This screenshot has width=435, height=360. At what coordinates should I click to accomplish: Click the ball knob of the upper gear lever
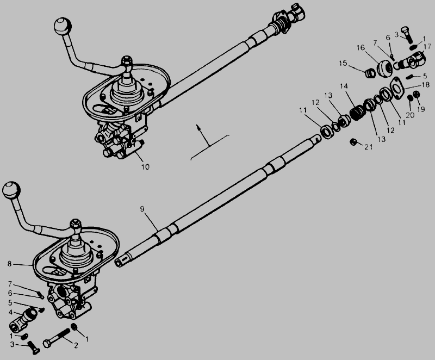point(63,26)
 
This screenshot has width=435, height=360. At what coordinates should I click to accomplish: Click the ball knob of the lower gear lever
point(11,190)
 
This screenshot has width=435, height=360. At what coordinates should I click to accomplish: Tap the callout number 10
point(145,167)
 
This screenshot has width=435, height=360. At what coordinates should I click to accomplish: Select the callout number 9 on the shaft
point(142,209)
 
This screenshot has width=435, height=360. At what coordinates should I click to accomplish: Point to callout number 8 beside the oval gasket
point(9,264)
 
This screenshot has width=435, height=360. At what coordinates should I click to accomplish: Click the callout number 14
point(344,86)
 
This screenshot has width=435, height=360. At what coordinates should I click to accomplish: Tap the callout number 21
point(369,147)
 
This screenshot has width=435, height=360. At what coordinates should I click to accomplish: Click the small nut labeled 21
point(353,142)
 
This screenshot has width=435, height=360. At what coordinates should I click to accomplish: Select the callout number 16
point(361,48)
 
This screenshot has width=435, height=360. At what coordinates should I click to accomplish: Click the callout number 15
point(343,63)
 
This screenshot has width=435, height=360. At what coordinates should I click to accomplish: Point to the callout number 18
point(425,85)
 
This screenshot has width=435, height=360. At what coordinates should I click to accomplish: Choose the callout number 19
point(421,109)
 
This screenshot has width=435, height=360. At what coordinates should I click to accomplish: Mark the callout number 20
point(410,115)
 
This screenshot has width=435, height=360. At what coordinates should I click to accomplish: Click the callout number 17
point(427,46)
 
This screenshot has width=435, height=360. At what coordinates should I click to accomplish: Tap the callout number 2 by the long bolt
point(76,345)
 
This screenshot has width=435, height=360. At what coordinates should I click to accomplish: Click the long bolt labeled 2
point(57,337)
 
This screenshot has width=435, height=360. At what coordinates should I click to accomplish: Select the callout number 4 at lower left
point(10,312)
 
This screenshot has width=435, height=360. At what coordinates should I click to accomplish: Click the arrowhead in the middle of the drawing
point(198,127)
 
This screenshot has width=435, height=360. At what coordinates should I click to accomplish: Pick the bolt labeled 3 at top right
point(407,35)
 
